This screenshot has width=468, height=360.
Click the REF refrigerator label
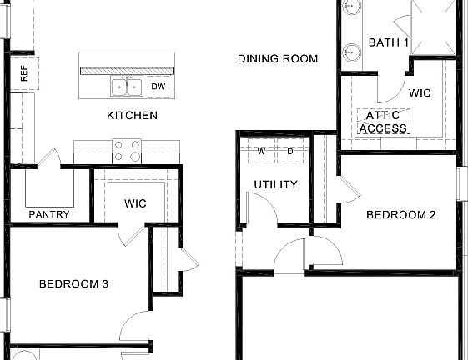tap(23, 75)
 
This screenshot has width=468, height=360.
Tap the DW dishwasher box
tap(159, 86)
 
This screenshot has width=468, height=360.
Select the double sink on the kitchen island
tap(127, 86)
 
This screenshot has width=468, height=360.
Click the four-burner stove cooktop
tap(127, 151)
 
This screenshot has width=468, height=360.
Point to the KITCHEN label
tap(132, 116)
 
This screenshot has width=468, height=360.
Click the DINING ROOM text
tap(277, 59)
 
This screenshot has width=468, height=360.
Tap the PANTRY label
tap(49, 214)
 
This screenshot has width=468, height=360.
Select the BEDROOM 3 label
tap(73, 284)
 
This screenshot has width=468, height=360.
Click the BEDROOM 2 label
tap(401, 214)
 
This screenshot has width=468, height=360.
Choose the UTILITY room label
tap(275, 184)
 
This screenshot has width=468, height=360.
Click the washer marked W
tap(261, 152)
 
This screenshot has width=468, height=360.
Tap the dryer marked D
tap(290, 152)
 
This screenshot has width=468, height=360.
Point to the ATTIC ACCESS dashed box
tap(383, 122)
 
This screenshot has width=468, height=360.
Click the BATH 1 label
tap(388, 42)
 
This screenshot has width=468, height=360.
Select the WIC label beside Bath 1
tap(420, 93)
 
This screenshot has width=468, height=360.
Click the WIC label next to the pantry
tap(136, 202)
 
